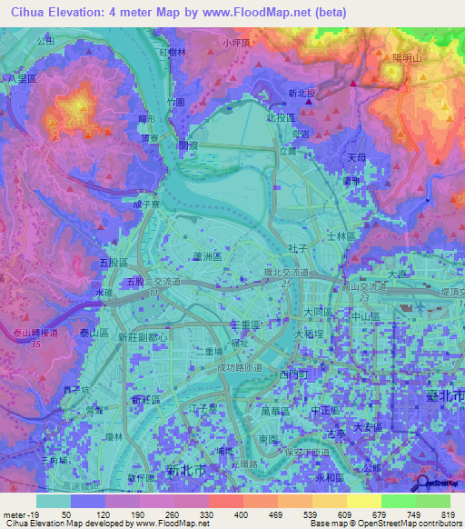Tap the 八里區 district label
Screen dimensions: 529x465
coord(19,80)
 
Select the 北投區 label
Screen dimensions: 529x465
coord(281,119)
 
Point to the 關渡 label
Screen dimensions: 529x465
coord(188,145)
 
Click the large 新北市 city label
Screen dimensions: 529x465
coord(186,470)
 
